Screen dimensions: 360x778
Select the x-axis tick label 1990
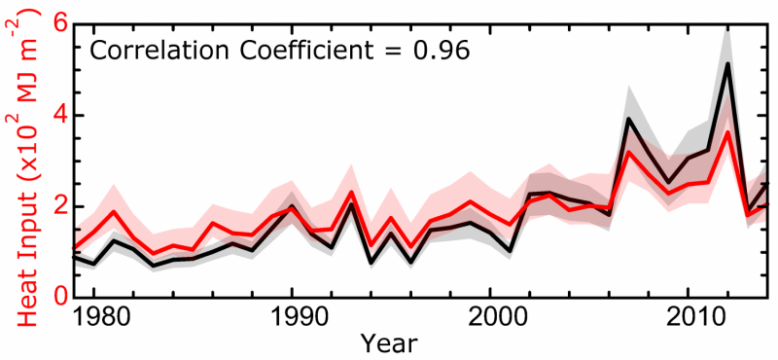(290, 318)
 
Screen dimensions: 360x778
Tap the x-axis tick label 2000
(489, 318)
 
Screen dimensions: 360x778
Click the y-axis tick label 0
(62, 297)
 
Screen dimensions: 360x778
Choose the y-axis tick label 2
(62, 206)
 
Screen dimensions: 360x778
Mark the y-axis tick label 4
(62, 115)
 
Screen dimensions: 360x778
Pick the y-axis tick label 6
(62, 23)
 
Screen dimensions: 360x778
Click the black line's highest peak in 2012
(727, 63)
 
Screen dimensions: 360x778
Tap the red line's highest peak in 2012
(727, 131)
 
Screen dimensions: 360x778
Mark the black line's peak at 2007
(629, 119)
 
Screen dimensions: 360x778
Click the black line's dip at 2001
(510, 251)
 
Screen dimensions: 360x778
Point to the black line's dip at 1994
(371, 263)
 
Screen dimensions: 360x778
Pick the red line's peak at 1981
(114, 211)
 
